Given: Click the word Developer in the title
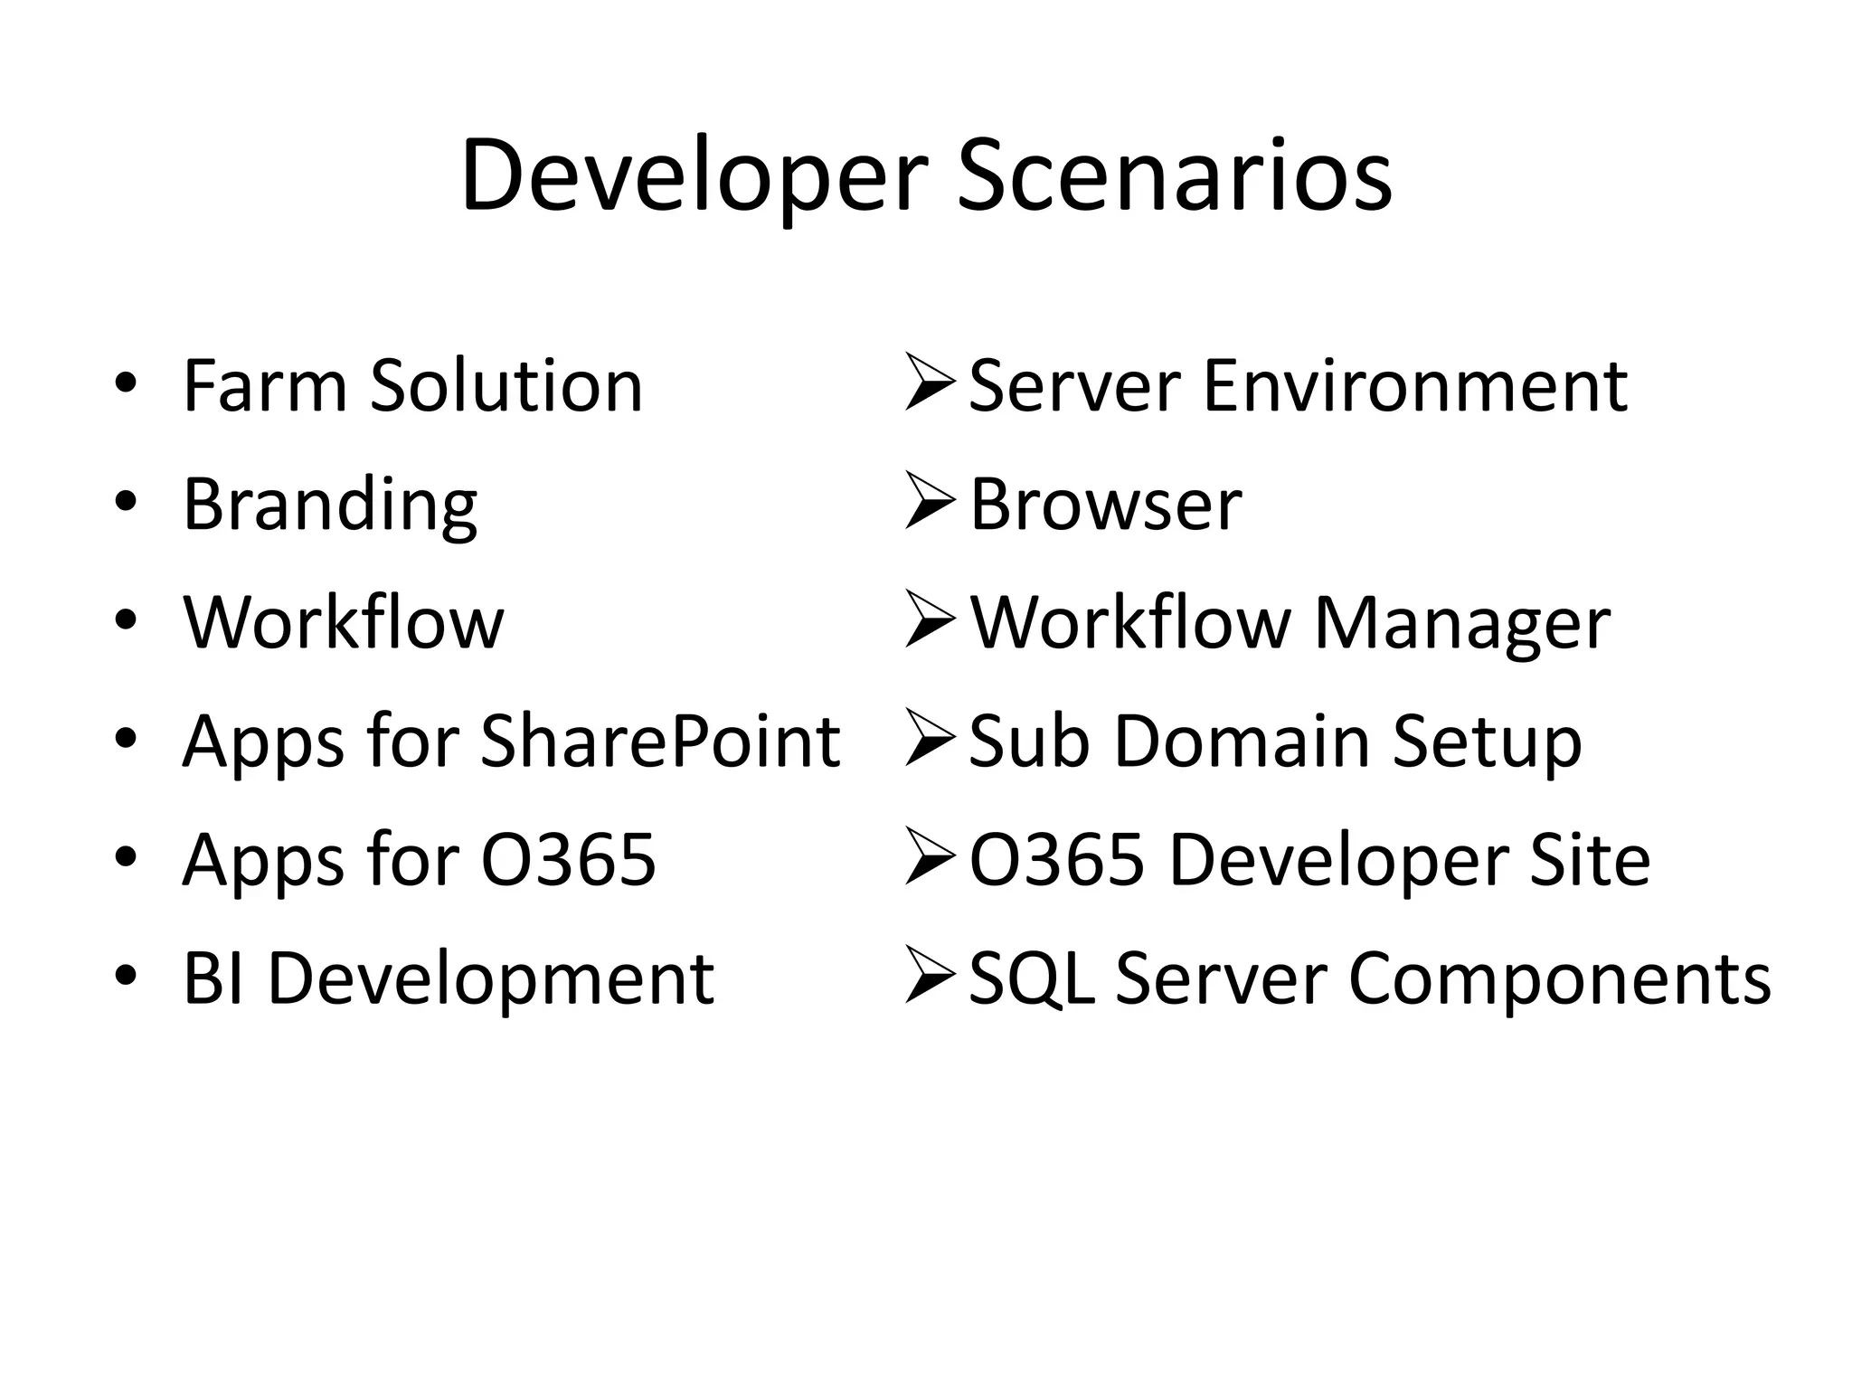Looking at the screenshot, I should point(694,175).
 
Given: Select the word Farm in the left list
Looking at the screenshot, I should point(264,386).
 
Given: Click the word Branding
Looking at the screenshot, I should point(330,506).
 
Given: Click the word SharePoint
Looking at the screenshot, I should point(660,742).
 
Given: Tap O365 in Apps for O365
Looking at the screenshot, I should point(568,860).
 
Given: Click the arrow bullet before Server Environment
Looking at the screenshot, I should point(930,383).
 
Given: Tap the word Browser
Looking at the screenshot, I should point(1105,505).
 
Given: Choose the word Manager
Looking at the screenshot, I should point(1461,625).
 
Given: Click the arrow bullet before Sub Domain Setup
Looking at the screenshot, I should point(930,738).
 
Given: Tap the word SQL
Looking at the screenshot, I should point(1031,979).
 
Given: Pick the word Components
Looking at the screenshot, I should point(1559,980).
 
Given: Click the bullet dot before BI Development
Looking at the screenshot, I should point(126,975).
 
